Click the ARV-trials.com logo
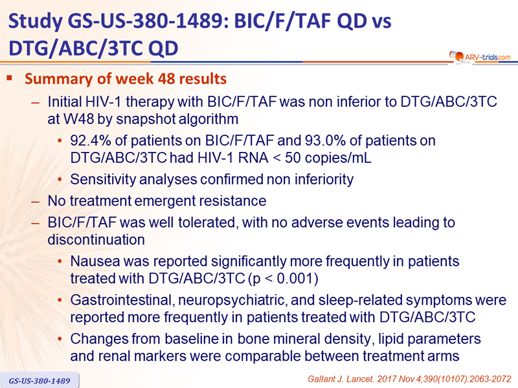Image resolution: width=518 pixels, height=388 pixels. click(480, 57)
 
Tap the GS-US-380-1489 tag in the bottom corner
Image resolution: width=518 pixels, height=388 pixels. click(39, 381)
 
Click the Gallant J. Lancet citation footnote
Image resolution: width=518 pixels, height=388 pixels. click(409, 379)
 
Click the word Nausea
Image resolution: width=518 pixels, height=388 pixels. click(95, 261)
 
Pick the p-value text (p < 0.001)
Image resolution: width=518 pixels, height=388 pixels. click(283, 279)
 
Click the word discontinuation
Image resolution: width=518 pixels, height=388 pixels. click(96, 240)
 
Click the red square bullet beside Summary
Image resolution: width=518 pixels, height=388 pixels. click(9, 78)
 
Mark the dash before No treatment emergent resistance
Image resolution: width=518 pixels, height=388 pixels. click(35, 202)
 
